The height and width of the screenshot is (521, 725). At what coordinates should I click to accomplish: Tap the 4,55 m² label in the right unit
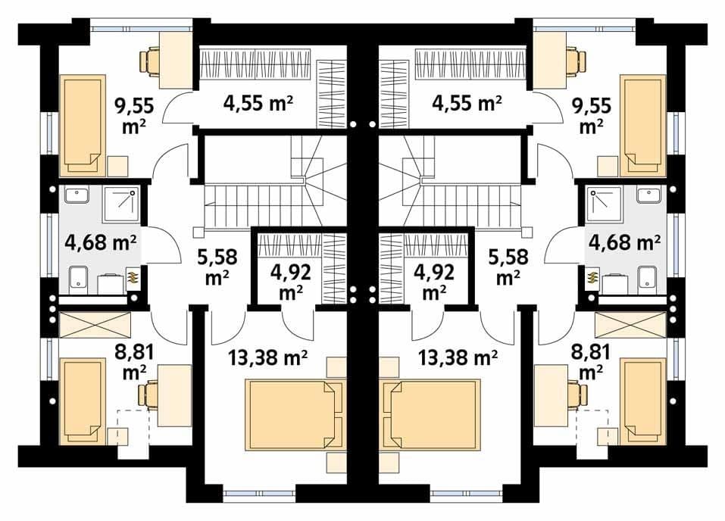467,103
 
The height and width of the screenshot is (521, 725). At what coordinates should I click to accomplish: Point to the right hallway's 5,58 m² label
508,267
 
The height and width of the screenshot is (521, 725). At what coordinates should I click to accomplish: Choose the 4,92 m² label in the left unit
290,282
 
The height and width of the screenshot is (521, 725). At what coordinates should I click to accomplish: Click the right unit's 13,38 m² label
458,357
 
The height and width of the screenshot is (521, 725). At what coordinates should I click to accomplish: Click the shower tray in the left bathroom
120,204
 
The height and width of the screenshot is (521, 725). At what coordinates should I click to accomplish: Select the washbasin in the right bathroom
649,195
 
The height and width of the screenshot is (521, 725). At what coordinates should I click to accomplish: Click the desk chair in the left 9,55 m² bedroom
149,61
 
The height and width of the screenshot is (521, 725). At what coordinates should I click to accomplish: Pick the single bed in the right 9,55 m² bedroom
642,126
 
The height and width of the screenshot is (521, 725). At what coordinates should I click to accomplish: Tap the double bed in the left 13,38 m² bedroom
295,414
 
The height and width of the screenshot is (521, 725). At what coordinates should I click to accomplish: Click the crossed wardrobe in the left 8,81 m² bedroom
95,325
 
